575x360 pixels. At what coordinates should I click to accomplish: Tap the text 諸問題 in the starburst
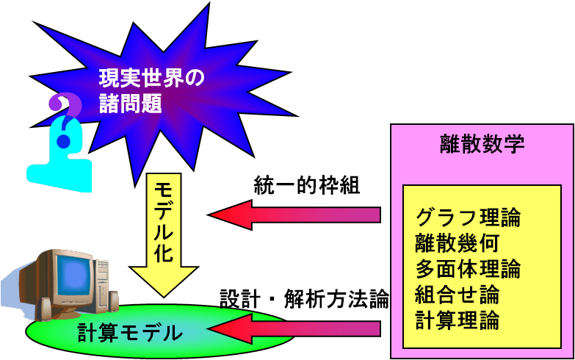pos(130,103)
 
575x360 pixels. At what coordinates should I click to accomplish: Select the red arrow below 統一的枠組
pos(294,215)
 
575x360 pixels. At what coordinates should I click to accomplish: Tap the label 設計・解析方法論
pos(304,299)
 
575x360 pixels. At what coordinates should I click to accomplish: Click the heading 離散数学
pos(482,143)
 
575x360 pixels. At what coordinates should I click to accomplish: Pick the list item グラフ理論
pos(468,218)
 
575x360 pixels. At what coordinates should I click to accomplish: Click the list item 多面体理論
pos(468,269)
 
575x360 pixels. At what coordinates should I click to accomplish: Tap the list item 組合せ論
pos(457,295)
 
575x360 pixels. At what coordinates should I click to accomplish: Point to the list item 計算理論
pos(457,320)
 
